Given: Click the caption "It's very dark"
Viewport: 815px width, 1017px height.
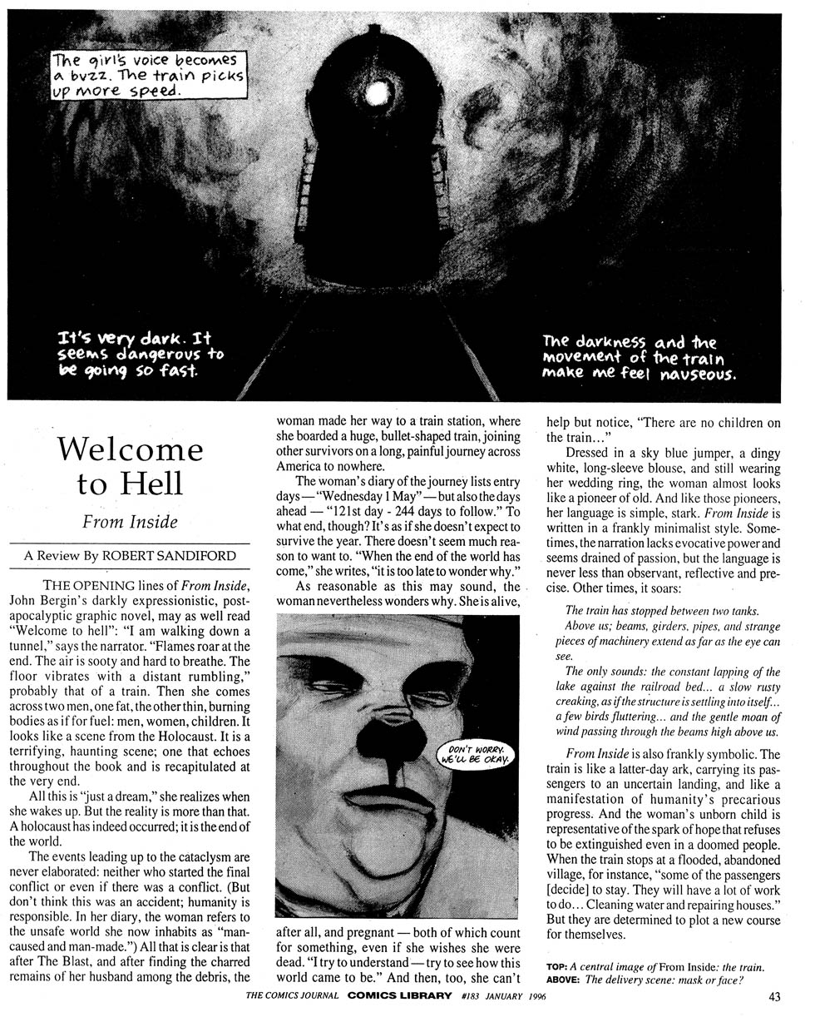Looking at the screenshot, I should (x=138, y=354).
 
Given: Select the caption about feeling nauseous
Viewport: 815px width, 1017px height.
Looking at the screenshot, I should (x=639, y=356).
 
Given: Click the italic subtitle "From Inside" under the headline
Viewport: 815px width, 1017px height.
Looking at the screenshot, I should (x=130, y=523).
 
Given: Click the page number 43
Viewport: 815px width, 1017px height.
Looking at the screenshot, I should (x=775, y=996).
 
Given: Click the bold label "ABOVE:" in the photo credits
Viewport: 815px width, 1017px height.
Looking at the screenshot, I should (x=563, y=980).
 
